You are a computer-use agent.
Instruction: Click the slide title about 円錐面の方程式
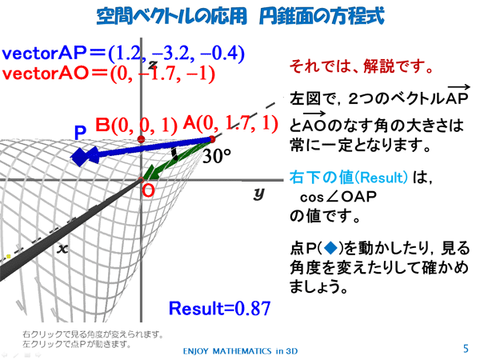[x=240, y=16]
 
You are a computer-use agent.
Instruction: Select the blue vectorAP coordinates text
[x=123, y=54]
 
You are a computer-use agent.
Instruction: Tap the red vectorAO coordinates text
[x=109, y=74]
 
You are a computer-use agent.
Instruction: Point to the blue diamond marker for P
[x=80, y=157]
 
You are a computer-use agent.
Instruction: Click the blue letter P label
[x=80, y=133]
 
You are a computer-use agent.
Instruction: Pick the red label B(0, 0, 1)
[x=136, y=125]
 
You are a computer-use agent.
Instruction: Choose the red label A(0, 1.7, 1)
[x=230, y=123]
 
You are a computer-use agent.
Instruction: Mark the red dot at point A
[x=212, y=139]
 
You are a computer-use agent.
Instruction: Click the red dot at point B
[x=141, y=139]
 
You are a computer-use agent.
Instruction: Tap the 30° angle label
[x=217, y=156]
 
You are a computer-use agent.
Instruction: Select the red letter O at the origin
[x=149, y=191]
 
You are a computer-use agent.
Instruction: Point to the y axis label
[x=258, y=194]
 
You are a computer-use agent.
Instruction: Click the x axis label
[x=62, y=249]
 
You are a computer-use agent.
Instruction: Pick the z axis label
[x=153, y=64]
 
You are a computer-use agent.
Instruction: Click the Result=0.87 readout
[x=219, y=308]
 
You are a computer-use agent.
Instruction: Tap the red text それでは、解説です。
[x=362, y=66]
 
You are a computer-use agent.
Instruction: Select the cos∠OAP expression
[x=338, y=197]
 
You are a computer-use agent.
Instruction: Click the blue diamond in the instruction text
[x=330, y=248]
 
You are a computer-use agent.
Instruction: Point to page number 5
[x=466, y=349]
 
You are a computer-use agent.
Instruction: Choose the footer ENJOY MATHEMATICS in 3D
[x=240, y=351]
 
